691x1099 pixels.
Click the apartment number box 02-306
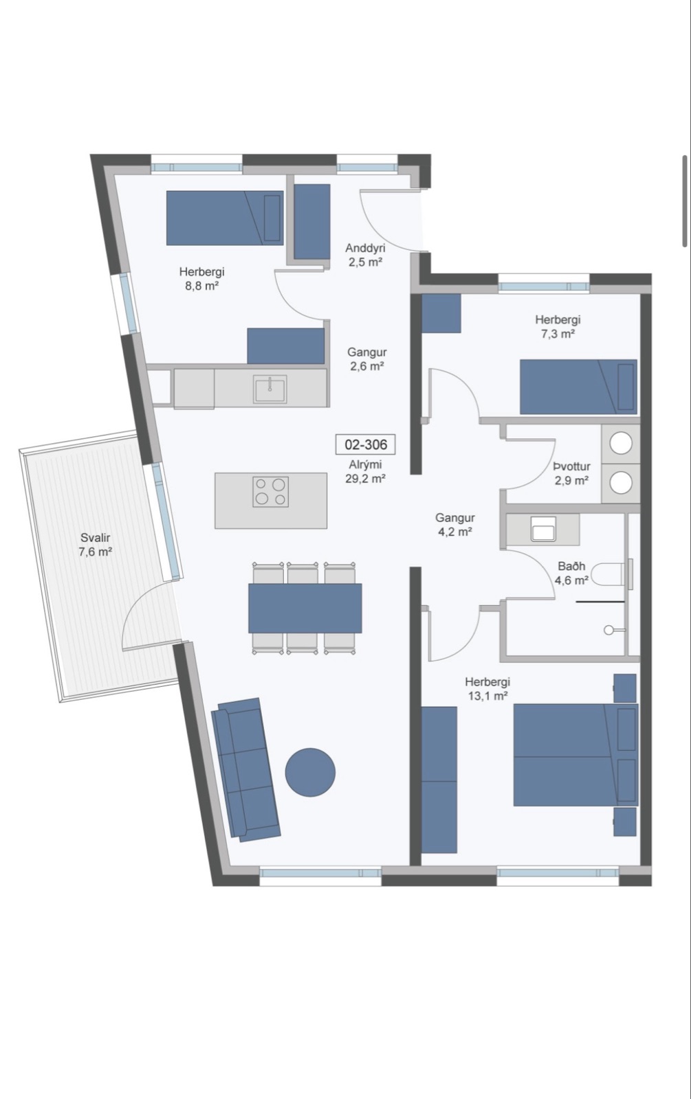point(365,445)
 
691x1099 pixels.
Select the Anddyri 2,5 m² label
point(365,255)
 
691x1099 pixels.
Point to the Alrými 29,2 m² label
point(365,471)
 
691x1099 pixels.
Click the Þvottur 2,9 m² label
point(571,473)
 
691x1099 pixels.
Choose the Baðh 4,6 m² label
point(571,573)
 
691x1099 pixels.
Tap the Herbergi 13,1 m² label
point(487,688)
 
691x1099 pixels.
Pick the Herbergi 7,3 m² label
point(558,326)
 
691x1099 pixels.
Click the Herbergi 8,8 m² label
point(202,278)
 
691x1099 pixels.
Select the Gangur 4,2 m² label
point(454,524)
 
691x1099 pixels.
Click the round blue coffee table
point(310,773)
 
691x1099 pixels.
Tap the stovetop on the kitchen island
point(271,492)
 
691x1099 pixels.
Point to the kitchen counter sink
point(270,389)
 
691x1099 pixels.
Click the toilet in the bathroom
point(609,574)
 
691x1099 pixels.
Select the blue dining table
point(305,608)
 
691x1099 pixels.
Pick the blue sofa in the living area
point(245,770)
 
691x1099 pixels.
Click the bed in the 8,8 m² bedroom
point(225,218)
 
